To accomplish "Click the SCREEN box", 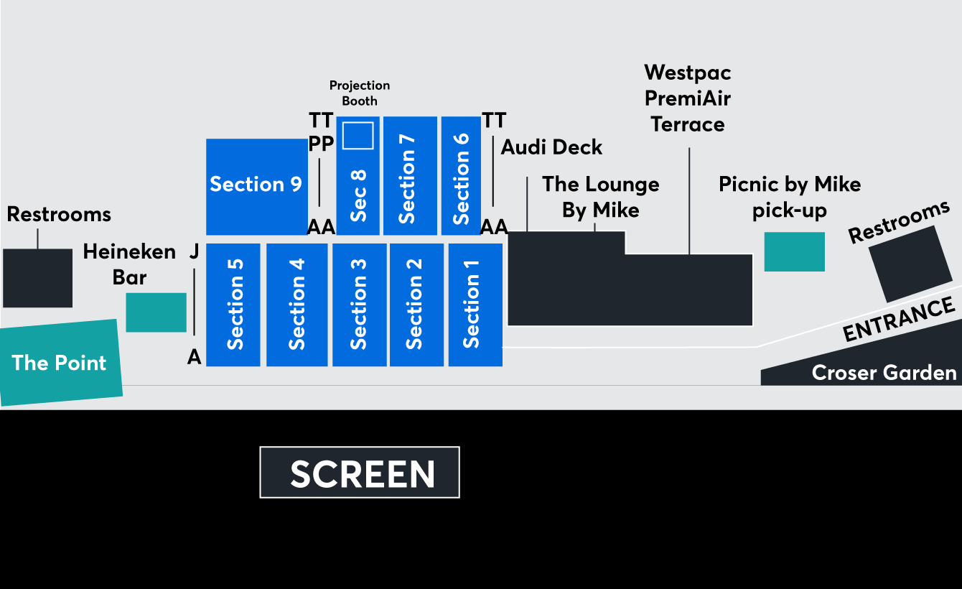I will [x=360, y=473].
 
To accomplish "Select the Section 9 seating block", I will [x=256, y=186].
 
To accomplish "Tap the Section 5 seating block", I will [x=233, y=305].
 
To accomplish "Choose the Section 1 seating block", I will [x=475, y=305].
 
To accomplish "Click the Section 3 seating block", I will [x=360, y=305].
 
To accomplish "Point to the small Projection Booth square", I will [x=358, y=135].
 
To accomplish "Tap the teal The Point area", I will [x=60, y=363].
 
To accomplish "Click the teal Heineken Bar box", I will [x=156, y=312].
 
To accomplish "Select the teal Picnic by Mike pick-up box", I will [x=794, y=251].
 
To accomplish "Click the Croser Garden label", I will [x=884, y=373].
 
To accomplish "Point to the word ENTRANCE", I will [x=898, y=320].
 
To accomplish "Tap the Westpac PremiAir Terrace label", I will [x=688, y=98].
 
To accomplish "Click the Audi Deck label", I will [x=551, y=147].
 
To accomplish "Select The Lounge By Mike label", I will [x=601, y=197].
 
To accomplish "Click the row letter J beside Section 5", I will [x=194, y=252].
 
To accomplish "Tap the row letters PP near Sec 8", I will [x=321, y=144].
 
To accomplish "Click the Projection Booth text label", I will [x=360, y=93].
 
